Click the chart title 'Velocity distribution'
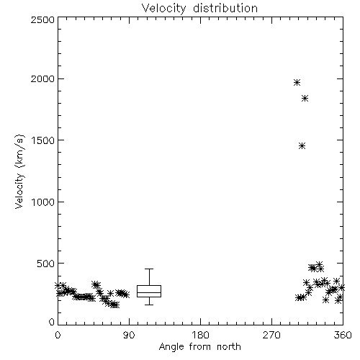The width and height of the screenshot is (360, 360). click(199, 9)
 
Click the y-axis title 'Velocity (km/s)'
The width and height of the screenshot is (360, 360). click(19, 171)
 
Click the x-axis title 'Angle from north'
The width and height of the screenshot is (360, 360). click(199, 347)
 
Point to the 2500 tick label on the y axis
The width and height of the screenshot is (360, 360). click(42, 19)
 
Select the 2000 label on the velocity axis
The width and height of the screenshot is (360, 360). click(42, 78)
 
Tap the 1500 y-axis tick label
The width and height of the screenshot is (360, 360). click(43, 140)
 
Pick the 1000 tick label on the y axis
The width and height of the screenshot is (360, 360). click(43, 202)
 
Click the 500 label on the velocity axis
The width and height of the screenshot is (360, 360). click(46, 264)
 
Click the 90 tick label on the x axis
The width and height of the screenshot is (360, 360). click(129, 335)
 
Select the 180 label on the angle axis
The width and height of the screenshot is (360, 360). click(200, 335)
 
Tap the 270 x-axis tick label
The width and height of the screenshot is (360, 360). click(271, 335)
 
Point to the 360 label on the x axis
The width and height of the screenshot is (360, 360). click(343, 335)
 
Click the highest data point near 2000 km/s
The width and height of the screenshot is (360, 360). click(297, 83)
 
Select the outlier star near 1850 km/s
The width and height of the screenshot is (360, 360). click(305, 99)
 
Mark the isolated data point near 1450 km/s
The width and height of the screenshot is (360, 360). click(302, 146)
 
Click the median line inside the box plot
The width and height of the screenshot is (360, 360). click(149, 292)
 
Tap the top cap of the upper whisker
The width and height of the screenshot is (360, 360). click(149, 269)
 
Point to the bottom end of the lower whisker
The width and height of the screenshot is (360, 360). click(149, 305)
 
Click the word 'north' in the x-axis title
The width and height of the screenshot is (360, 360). click(229, 347)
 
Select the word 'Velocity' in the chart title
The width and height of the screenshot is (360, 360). click(163, 9)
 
